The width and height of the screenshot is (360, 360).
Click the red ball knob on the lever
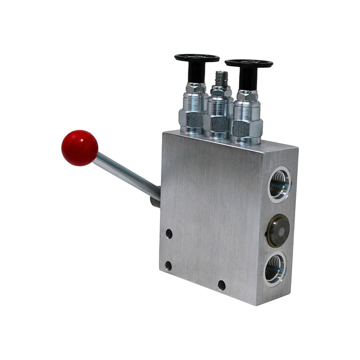pos(80,148)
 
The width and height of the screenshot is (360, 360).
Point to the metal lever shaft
pos(126,175)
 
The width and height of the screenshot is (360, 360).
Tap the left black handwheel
pos(196,58)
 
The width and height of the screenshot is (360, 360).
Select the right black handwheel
pos(248,64)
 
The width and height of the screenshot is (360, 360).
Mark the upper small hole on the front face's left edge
pos(169,234)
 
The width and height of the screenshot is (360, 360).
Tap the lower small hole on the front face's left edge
pos(168,265)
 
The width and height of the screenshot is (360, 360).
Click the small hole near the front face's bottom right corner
pos(222,284)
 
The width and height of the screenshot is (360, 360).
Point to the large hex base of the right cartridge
pos(245,128)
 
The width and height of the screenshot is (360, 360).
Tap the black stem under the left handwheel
pos(196,73)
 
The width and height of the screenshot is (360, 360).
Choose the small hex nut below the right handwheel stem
pos(247,96)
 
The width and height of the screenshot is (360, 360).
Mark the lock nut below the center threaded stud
pos(221,92)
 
